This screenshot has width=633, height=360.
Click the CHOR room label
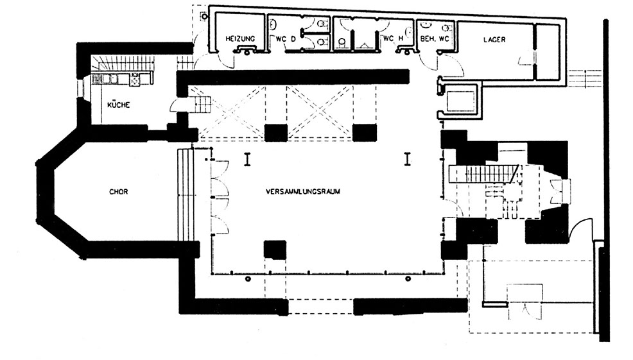pyautogui.click(x=119, y=192)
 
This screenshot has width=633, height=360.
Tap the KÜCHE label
pyautogui.click(x=119, y=105)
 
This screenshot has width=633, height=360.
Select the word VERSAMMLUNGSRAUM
pyautogui.click(x=303, y=191)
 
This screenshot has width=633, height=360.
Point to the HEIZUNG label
pyautogui.click(x=240, y=39)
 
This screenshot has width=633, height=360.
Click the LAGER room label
pyautogui.click(x=494, y=40)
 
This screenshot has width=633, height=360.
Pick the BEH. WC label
pyautogui.click(x=435, y=39)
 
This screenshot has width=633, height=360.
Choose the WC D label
pyautogui.click(x=286, y=39)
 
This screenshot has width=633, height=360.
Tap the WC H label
pyautogui.click(x=393, y=39)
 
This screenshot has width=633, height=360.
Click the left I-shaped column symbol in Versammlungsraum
pyautogui.click(x=247, y=159)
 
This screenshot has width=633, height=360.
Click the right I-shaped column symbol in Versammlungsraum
pyautogui.click(x=408, y=159)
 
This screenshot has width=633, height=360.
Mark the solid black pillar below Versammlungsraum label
pyautogui.click(x=275, y=250)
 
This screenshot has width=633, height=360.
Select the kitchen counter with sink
pyautogui.click(x=122, y=78)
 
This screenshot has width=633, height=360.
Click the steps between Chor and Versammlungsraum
pyautogui.click(x=186, y=194)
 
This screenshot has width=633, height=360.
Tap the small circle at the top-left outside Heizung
pyautogui.click(x=204, y=17)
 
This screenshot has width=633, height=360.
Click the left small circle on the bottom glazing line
pyautogui.click(x=248, y=279)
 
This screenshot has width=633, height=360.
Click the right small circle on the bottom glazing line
pyautogui.click(x=408, y=279)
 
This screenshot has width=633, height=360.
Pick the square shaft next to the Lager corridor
pyautogui.click(x=460, y=101)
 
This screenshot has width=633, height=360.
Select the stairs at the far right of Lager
pyautogui.click(x=585, y=78)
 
